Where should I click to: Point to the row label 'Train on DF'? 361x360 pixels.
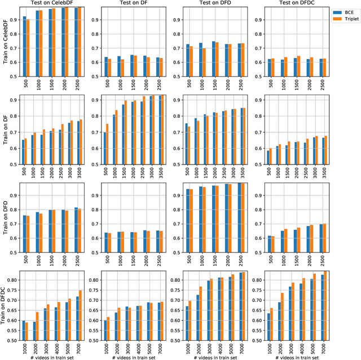coord(5,130)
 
